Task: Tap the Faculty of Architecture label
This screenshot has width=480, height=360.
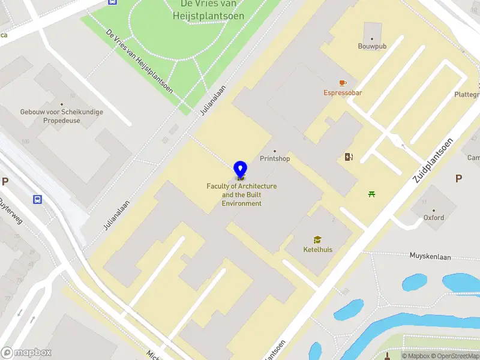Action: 241,195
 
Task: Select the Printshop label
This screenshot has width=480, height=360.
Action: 275,158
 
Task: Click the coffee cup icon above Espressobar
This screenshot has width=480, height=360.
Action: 343,82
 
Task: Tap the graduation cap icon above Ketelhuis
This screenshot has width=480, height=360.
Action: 317,239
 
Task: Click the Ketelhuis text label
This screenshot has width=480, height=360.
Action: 317,250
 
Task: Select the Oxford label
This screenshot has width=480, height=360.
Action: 434,218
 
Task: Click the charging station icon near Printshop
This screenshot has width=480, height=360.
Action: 349,157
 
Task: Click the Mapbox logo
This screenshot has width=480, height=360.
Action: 26,353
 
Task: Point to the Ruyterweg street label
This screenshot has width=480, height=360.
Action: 11,211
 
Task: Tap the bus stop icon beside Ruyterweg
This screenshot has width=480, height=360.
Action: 37,199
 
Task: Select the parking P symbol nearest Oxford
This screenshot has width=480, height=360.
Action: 459,178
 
